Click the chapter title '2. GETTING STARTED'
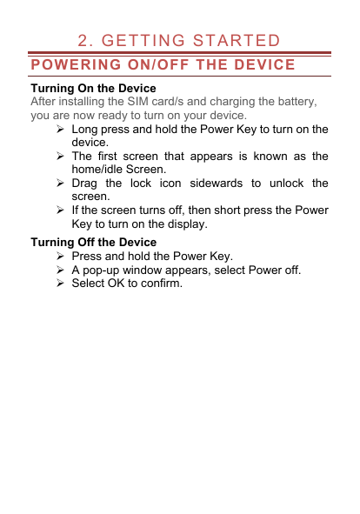click(x=178, y=41)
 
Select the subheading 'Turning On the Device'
click(x=93, y=89)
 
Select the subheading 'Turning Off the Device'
click(x=93, y=242)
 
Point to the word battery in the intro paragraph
click(x=292, y=102)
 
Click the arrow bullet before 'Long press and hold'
click(x=59, y=130)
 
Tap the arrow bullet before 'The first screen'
click(x=59, y=157)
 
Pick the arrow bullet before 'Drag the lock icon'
click(x=59, y=184)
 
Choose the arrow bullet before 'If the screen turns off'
click(x=59, y=210)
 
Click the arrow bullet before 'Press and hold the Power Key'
click(x=59, y=257)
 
